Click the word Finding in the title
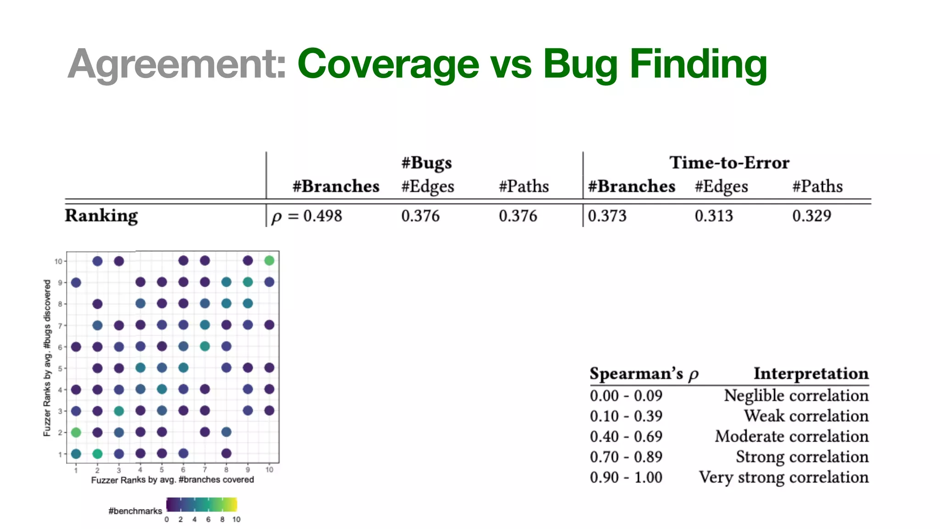point(698,65)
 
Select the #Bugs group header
point(426,163)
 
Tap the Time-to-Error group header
point(729,163)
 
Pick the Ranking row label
point(101,215)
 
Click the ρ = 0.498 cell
point(307,216)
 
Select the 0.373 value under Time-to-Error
point(607,216)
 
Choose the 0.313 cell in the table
point(714,216)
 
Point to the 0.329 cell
point(811,216)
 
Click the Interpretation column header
point(811,373)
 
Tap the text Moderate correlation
point(791,436)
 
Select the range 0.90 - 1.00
point(626,477)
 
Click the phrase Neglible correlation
point(796,395)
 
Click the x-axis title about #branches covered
point(172,479)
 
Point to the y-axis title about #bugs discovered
point(47,358)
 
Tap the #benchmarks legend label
point(135,511)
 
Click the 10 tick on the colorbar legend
point(236,519)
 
